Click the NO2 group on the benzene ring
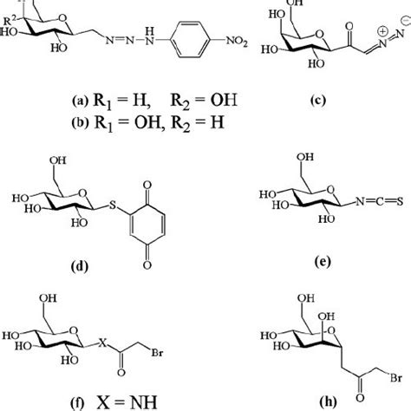pos(237,41)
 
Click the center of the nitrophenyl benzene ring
pos(190,39)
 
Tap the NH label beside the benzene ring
pos(149,36)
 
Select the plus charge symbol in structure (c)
pos(382,31)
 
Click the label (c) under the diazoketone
pos(318,100)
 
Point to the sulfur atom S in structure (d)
pos(113,205)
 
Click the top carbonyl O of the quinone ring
pos(147,185)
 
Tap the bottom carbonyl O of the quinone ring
pos(147,264)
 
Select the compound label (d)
pos(79,265)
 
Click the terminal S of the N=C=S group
pos(400,201)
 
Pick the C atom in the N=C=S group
pos(380,201)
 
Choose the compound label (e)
pos(323,262)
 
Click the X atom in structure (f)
pos(102,343)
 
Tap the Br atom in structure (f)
pos(157,353)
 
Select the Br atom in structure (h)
pos(395,378)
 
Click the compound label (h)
pos(329,401)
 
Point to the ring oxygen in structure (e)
pos(330,190)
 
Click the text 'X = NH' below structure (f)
pos(127,401)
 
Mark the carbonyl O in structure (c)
pos(349,27)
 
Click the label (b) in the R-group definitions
pos(80,122)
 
